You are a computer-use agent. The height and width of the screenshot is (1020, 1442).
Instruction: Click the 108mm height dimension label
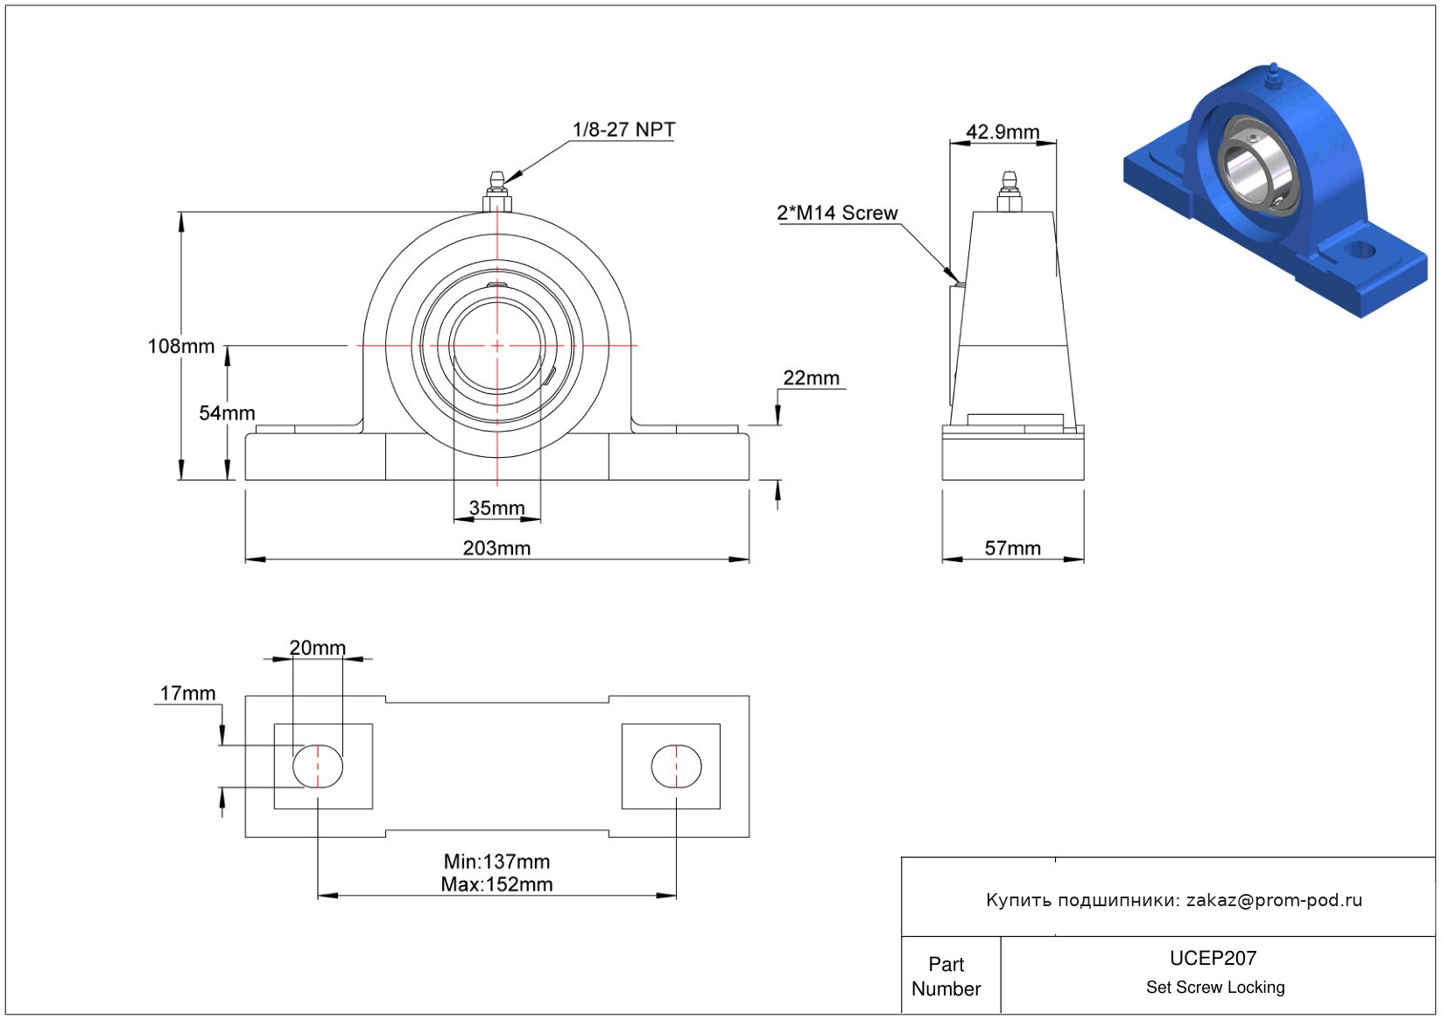[181, 347]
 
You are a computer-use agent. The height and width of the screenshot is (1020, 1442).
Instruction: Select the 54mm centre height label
[227, 413]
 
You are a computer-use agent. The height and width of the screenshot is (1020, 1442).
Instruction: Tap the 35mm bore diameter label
[496, 508]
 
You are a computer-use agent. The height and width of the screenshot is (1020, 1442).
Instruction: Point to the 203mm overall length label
[496, 548]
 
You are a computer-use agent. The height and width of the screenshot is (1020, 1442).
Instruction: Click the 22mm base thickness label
[811, 378]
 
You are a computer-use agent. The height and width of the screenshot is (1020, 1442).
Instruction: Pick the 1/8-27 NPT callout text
[623, 130]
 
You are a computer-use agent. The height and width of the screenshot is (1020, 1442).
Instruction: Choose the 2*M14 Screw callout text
[837, 213]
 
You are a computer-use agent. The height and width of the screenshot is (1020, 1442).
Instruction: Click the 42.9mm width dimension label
[1002, 132]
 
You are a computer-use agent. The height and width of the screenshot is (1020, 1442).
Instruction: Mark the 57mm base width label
[1013, 548]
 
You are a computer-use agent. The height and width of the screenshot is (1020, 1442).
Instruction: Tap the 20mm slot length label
[318, 648]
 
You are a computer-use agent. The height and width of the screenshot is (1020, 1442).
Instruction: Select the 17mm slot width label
[187, 693]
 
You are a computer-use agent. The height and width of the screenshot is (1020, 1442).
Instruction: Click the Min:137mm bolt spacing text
[496, 862]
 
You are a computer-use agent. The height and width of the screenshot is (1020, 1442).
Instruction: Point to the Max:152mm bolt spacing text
[496, 884]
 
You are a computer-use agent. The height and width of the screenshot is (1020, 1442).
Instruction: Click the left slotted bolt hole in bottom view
[318, 766]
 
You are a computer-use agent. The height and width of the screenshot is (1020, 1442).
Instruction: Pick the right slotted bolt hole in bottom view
[676, 766]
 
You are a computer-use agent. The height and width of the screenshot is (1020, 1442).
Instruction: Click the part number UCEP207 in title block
[1213, 959]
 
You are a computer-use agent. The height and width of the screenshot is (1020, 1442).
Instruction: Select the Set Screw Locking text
[1215, 988]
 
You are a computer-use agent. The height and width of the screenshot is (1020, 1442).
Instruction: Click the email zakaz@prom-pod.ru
[1274, 900]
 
